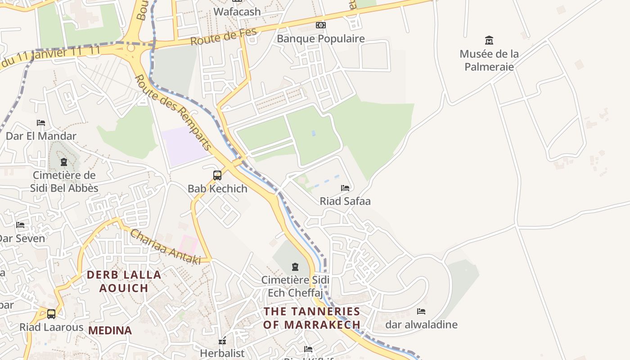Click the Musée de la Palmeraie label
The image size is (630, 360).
[x=489, y=60]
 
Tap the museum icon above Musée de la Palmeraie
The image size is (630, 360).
[x=489, y=40]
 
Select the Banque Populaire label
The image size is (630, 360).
[x=320, y=39]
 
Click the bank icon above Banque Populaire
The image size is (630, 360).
[x=320, y=25]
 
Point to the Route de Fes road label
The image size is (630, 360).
[x=223, y=36]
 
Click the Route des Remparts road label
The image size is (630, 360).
[x=173, y=112]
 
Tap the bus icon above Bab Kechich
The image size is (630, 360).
[x=217, y=175]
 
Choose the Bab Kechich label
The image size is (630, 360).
[x=217, y=189]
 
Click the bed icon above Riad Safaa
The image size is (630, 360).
[x=345, y=188]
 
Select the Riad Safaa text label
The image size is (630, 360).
[x=345, y=201]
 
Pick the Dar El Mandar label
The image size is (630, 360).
[x=41, y=136]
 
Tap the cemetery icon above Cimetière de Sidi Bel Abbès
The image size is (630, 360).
[x=64, y=162]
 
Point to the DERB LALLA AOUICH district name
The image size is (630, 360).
[x=124, y=281]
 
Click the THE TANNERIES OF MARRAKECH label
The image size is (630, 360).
[x=312, y=318]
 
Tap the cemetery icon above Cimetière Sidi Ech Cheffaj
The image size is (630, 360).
[x=295, y=267]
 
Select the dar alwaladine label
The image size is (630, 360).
[x=421, y=324]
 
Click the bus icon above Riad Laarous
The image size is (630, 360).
[x=51, y=314]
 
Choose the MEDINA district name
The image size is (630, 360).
[x=110, y=330]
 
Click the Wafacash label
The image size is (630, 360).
[x=237, y=12]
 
